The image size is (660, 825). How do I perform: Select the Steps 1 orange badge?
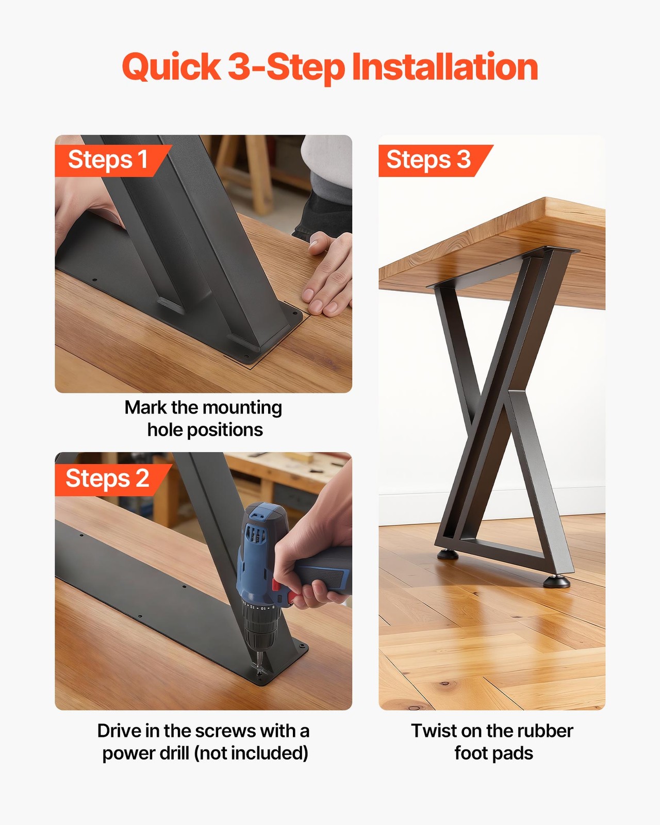point(108,160)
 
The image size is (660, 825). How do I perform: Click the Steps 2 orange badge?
point(107,478)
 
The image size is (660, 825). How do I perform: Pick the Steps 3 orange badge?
point(429,160)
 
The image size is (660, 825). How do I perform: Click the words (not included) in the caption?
point(251,753)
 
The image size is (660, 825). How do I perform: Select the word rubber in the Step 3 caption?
point(544,731)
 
